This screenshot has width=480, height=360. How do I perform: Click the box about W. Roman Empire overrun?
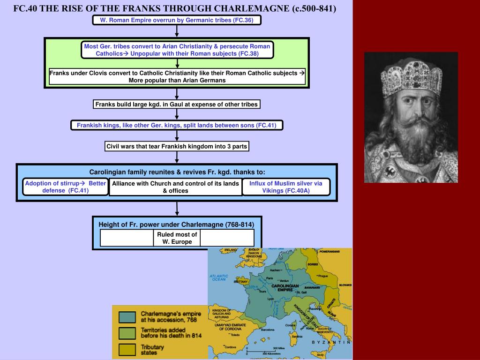coord(176,20)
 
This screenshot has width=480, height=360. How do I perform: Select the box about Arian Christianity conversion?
coord(177,50)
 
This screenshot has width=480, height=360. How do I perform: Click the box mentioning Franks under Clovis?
coord(177,76)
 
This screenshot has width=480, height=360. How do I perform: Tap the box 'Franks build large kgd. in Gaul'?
coord(176,104)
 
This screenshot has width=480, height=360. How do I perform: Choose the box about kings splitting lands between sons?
coord(177,125)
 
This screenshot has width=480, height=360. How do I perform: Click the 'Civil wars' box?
coord(176,146)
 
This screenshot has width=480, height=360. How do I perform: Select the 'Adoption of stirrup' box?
coord(66,187)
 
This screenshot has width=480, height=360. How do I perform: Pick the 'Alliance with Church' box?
coord(175,187)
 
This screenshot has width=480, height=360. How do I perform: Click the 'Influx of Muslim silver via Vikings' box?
coord(285,187)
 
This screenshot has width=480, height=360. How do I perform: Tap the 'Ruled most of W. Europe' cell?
coord(177,238)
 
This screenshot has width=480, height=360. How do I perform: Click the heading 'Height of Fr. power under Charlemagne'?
coord(176,224)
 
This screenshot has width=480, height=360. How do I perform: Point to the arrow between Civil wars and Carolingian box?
coord(177,157)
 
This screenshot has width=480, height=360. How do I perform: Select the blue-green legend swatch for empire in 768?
coord(127,317)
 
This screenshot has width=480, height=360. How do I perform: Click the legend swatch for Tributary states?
coord(127,350)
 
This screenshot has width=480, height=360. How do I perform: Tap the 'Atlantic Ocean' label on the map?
coord(218,277)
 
